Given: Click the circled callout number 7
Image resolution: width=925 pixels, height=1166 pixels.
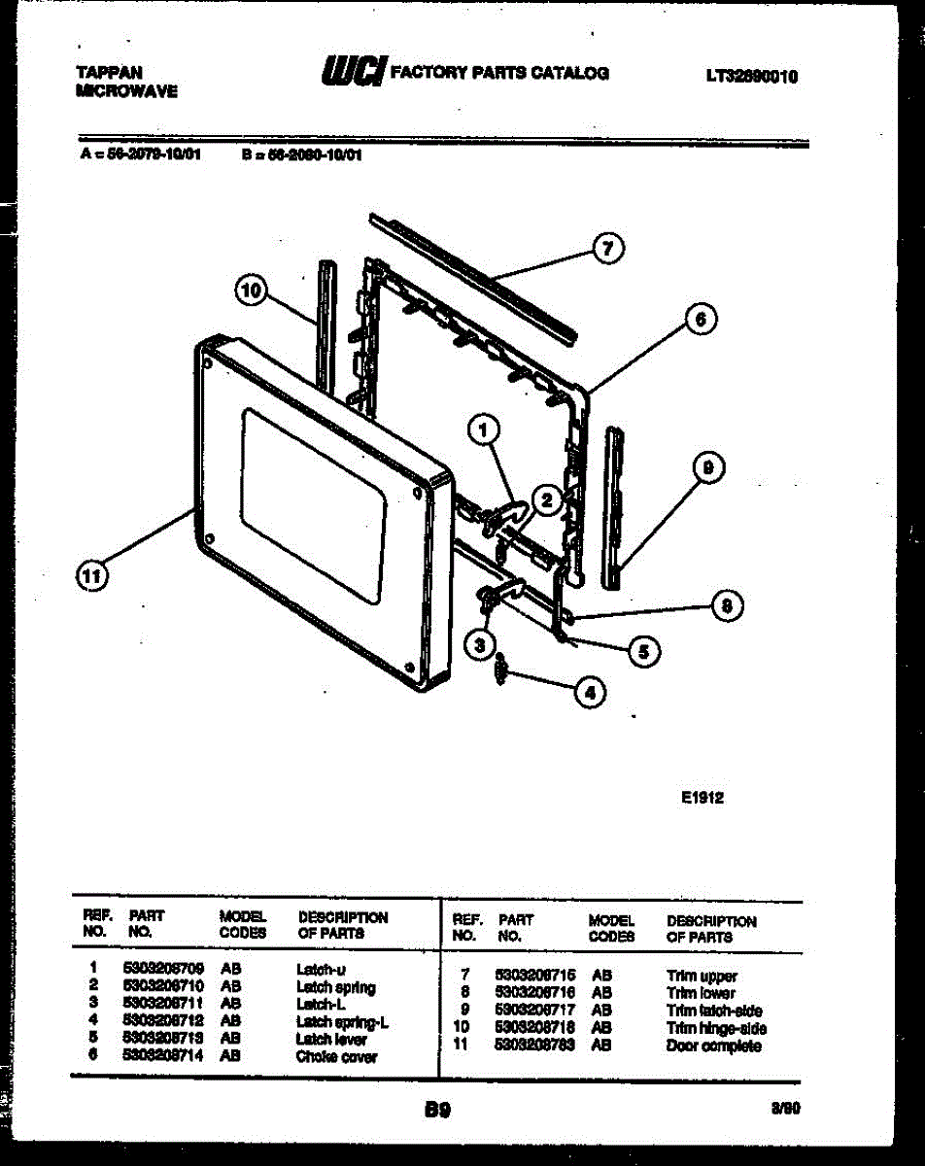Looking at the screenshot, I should [x=608, y=249].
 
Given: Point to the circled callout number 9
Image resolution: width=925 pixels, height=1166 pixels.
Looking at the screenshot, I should [x=708, y=469].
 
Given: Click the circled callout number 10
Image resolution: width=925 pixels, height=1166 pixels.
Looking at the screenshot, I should [x=252, y=290].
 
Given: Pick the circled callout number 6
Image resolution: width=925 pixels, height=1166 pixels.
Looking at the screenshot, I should [x=701, y=318].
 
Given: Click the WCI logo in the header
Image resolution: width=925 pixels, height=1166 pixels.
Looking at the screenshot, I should [x=351, y=71].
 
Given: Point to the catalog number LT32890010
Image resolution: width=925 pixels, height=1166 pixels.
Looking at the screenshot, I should [x=752, y=75].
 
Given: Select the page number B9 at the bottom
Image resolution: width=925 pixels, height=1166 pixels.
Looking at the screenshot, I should [x=437, y=1109].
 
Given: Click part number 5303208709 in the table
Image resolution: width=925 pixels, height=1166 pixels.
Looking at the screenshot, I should [x=163, y=969].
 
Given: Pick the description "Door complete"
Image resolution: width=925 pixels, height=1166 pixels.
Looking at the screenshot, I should [x=714, y=1046].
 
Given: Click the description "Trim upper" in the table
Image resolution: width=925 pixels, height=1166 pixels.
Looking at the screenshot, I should [x=702, y=976].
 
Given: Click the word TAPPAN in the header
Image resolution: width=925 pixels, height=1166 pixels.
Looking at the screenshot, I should [x=109, y=72].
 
